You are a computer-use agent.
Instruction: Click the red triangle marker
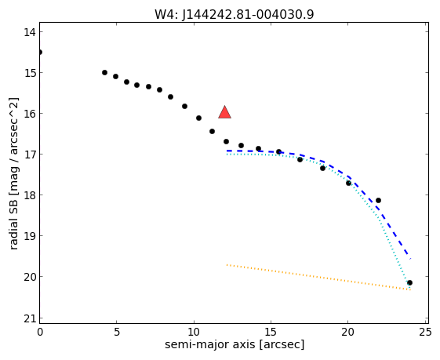coord(225,112)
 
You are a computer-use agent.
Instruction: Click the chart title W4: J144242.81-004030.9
coord(234,14)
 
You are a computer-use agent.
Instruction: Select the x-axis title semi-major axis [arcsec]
coord(235,344)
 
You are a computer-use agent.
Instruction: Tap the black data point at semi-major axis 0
coord(39,53)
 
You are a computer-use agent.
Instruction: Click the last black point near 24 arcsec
coord(409,282)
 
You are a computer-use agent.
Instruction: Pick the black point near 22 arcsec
coord(378,200)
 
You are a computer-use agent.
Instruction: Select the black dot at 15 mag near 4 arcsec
coord(104,73)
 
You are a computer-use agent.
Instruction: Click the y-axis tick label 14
coord(30,32)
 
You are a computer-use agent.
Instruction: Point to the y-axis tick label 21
coord(30,319)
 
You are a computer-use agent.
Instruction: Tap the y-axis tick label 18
coord(30,195)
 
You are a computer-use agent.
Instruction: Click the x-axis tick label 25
coord(425,333)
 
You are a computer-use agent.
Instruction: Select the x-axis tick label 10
coord(194,333)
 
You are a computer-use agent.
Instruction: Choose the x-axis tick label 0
coord(40,333)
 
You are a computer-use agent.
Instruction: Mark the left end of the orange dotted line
coord(227,264)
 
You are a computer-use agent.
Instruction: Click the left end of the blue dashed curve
coord(227,151)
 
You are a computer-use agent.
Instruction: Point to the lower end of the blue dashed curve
coord(410,258)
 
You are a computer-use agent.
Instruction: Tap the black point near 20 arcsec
coord(348,184)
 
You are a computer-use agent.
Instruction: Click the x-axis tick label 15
coord(271,333)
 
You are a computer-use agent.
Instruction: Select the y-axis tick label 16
coord(30,114)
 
